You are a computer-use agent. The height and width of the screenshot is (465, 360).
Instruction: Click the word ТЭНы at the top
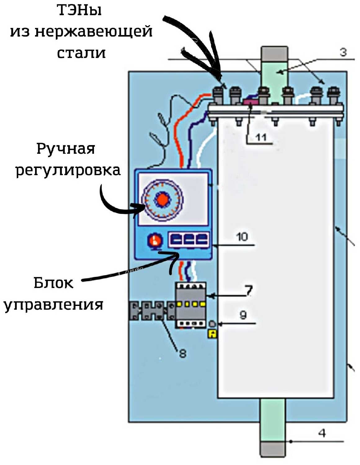(x=79, y=11)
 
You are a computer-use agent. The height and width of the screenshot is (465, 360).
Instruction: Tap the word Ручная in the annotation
(x=66, y=149)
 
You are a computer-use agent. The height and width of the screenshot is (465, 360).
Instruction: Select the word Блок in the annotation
(x=53, y=283)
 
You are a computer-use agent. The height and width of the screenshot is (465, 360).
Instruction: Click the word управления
(x=53, y=304)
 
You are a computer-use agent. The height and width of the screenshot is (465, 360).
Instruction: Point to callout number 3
(x=343, y=52)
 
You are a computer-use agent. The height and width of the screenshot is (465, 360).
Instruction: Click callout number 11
(x=261, y=137)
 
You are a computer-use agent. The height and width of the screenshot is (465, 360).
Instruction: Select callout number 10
(x=242, y=237)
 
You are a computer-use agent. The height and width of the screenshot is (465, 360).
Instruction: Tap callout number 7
(x=248, y=290)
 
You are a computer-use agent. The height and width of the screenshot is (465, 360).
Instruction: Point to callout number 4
(x=322, y=433)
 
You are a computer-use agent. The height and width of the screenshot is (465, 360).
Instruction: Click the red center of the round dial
(x=162, y=199)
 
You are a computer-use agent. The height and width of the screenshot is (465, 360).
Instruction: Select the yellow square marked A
(x=213, y=334)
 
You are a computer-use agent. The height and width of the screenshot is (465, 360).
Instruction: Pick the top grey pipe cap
(x=274, y=53)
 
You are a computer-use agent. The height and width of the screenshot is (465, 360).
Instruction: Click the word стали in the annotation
(x=81, y=53)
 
